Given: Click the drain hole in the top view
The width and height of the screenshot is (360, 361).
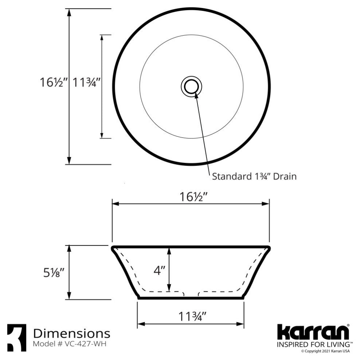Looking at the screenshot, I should [191, 86].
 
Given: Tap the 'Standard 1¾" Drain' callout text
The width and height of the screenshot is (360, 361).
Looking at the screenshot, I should [254, 176].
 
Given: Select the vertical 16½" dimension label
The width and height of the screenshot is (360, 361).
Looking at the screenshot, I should [54, 82].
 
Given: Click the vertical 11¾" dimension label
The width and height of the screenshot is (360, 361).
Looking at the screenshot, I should [86, 82].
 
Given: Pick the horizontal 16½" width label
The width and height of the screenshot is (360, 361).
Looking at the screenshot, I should [193, 197].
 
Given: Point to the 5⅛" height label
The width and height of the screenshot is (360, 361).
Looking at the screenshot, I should [54, 272].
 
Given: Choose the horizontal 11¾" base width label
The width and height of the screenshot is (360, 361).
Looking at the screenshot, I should [193, 317].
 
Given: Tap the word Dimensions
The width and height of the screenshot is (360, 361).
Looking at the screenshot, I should [71, 333].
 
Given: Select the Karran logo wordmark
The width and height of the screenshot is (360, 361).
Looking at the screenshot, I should [313, 332].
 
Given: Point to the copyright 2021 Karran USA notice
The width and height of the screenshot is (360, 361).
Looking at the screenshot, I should [325, 352].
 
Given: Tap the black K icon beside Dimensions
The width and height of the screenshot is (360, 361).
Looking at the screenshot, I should [17, 338].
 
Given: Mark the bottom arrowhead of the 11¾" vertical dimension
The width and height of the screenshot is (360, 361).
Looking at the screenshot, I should [102, 135].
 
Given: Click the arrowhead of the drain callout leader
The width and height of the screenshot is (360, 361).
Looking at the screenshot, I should [196, 96].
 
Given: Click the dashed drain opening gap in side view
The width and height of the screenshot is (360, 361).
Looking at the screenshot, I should [191, 294].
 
